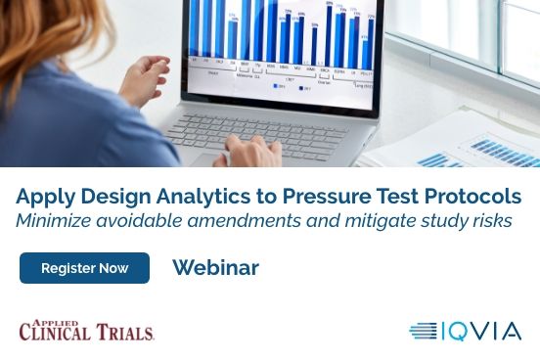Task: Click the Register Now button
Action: coord(84,268)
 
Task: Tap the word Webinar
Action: coord(215,268)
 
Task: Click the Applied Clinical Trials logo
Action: coord(86,330)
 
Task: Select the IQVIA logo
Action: coord(466,331)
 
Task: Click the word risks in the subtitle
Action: coord(489,220)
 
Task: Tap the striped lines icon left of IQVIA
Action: coord(423,331)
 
